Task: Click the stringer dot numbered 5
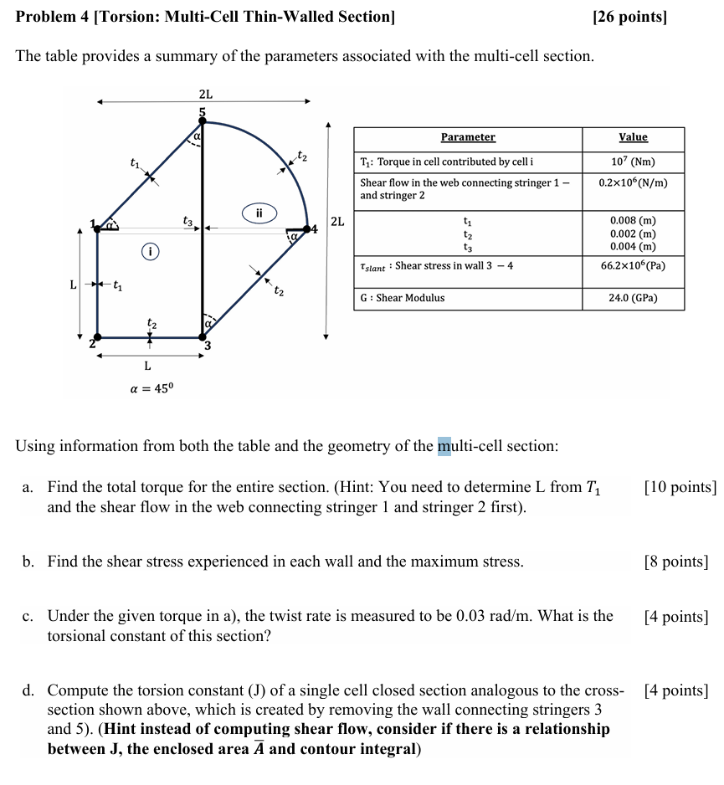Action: tap(201, 123)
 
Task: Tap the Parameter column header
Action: tap(468, 137)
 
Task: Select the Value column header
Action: tap(633, 137)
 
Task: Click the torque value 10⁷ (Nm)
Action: tap(633, 162)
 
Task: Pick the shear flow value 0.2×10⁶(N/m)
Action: tap(633, 182)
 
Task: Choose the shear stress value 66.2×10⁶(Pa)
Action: tap(633, 265)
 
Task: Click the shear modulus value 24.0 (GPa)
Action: tap(633, 298)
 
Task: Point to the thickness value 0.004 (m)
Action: tap(633, 246)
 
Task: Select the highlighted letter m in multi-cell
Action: tap(444, 446)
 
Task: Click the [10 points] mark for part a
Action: tap(680, 487)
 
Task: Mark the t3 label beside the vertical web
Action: tap(188, 221)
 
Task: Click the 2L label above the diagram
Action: tap(205, 94)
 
